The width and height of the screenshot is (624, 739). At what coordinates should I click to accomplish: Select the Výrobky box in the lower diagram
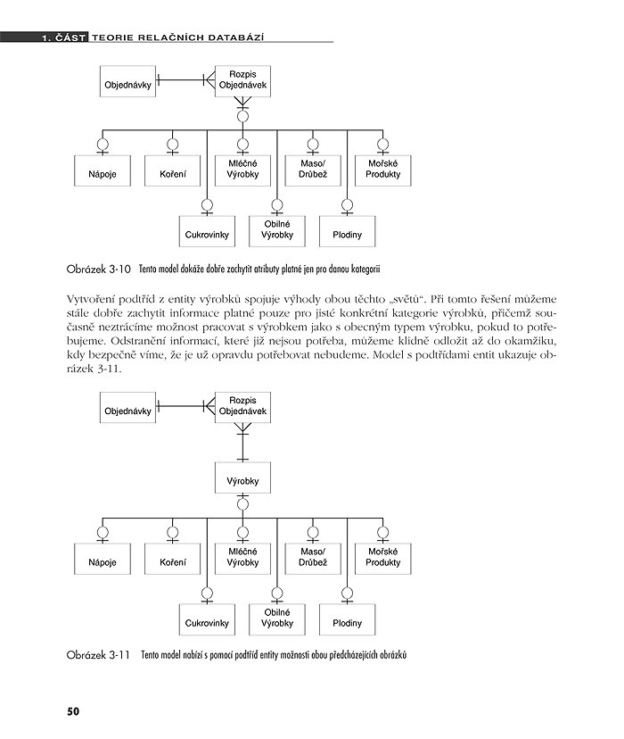[x=242, y=481]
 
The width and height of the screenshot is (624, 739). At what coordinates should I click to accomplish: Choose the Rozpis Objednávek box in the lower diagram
[x=242, y=406]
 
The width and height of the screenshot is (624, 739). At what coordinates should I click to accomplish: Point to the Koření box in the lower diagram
[x=173, y=563]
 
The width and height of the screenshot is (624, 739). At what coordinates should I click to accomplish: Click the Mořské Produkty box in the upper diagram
[x=383, y=169]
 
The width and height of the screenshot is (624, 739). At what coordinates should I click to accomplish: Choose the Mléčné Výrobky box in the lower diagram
[x=242, y=558]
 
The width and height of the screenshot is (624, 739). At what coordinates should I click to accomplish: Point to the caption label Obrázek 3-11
[x=98, y=655]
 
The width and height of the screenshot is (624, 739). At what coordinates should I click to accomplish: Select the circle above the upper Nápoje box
[x=102, y=144]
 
